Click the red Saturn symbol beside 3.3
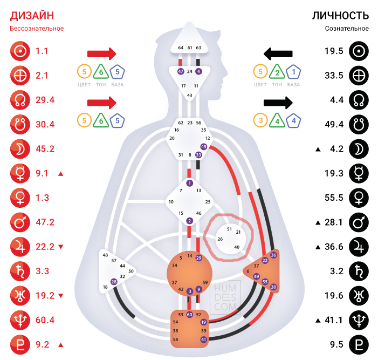tap(20, 271)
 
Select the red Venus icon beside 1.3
tap(20, 198)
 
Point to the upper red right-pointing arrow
tap(101, 53)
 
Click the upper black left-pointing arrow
tap(278, 53)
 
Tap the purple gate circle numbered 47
tap(181, 71)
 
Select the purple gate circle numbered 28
tap(114, 282)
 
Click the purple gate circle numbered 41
tap(203, 339)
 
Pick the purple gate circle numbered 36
tap(273, 255)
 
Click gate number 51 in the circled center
tap(229, 229)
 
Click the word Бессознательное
tap(37, 28)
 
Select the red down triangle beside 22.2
tap(60, 247)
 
